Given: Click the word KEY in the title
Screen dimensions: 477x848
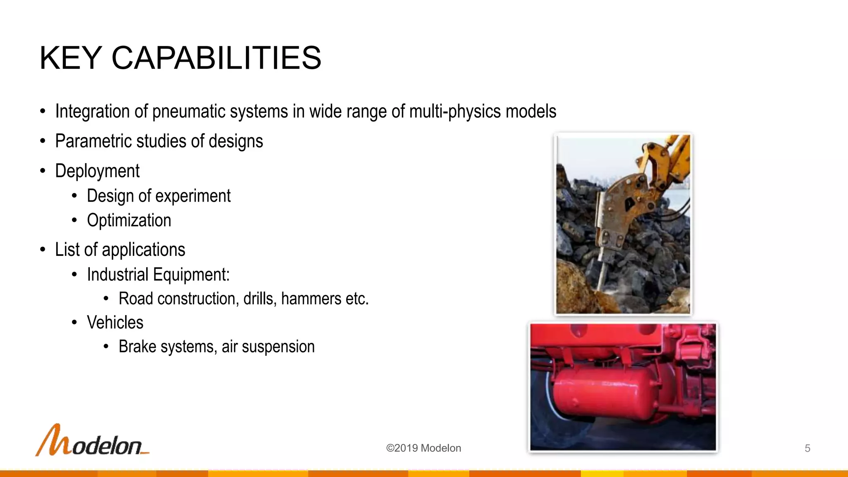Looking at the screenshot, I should pos(71,58).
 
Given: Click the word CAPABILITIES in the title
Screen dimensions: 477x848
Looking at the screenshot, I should pos(216,58).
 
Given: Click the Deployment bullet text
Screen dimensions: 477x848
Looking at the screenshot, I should pos(97,171).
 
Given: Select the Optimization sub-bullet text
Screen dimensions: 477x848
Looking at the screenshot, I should pos(129,220).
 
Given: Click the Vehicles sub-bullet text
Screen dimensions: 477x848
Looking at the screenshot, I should pos(115,323).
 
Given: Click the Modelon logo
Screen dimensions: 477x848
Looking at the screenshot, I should pos(92,441).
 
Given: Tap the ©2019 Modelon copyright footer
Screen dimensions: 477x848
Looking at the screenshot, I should pos(423,448).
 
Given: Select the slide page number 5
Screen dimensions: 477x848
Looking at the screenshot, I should pos(807,448).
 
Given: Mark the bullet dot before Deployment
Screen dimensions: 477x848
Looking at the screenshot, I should pos(43,171).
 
